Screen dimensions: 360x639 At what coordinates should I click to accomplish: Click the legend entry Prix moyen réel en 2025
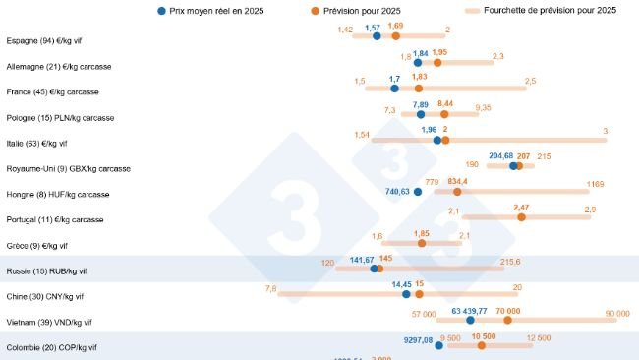tap(216, 10)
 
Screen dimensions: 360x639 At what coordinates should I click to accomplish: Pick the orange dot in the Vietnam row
tap(507, 319)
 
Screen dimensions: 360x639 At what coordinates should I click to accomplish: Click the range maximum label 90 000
tap(616, 312)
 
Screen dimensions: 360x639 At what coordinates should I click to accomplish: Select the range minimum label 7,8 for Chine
tap(270, 288)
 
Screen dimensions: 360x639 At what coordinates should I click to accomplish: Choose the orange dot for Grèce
tap(422, 242)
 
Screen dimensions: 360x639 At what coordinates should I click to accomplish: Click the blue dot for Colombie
tap(438, 345)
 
